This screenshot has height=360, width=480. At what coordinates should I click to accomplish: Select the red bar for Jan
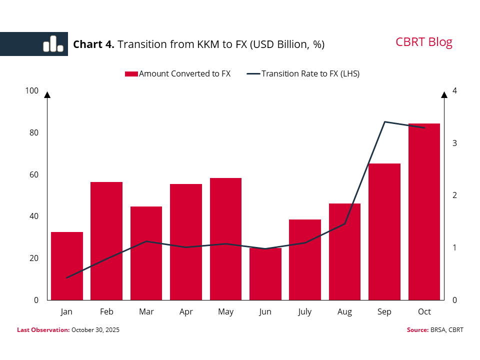[x=66, y=266]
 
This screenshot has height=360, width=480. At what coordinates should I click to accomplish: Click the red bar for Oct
[x=424, y=211]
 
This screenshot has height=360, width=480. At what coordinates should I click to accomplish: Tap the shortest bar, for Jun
[x=265, y=274]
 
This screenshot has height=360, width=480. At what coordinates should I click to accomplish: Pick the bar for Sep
[x=384, y=231]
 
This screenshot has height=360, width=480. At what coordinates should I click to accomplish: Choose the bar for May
[x=225, y=239]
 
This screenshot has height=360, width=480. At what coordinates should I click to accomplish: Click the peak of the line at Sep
[x=384, y=121]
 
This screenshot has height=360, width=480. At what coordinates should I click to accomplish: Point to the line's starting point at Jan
[x=66, y=277]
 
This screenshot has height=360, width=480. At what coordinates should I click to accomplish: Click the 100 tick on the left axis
[x=31, y=90]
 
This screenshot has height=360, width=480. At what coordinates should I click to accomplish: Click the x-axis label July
[x=304, y=312]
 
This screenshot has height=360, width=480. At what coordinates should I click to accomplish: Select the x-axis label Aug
[x=344, y=312]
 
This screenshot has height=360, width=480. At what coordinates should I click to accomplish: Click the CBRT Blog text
[x=424, y=42]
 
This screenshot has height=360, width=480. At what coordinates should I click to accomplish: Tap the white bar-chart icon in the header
[x=53, y=44]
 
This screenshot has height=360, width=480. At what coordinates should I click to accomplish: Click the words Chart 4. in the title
[x=94, y=44]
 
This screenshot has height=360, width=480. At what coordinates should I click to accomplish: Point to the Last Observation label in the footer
[x=43, y=330]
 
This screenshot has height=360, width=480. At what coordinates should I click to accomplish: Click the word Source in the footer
[x=416, y=330]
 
